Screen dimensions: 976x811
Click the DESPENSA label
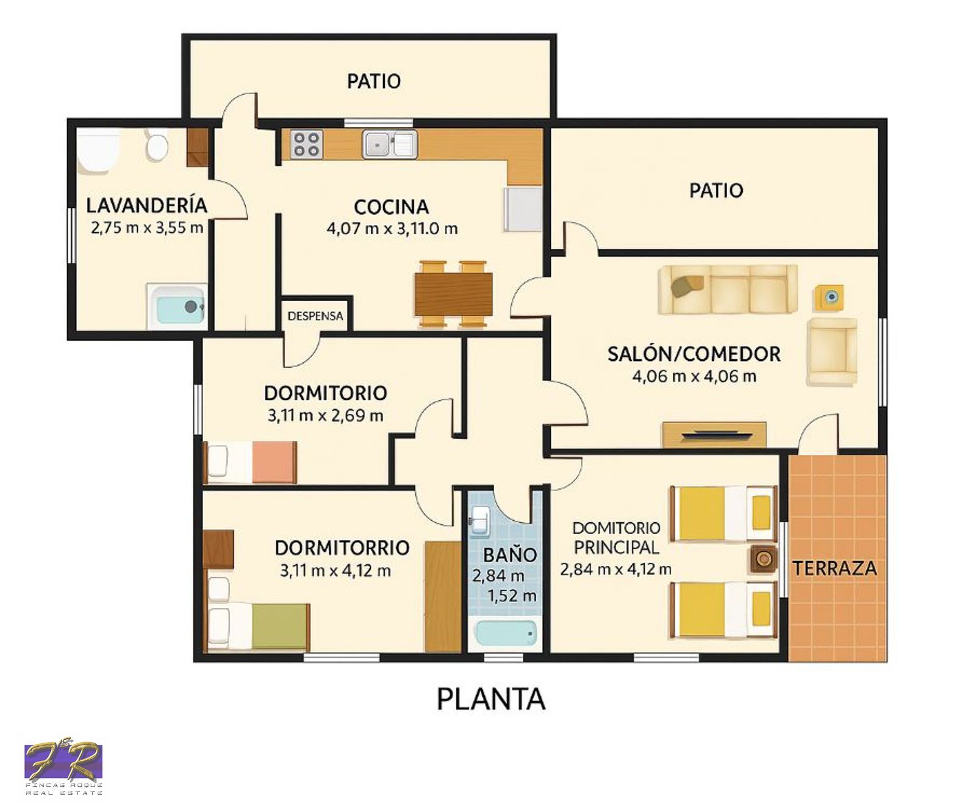click(315, 316)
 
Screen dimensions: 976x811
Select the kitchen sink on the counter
click(390, 145)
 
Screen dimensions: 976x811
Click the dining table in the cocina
click(454, 294)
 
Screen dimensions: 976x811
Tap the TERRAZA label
click(834, 568)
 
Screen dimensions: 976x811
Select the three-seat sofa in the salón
click(728, 289)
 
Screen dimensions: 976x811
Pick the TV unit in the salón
click(714, 434)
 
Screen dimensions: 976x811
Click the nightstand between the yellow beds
click(763, 558)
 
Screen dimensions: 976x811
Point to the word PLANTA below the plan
click(491, 699)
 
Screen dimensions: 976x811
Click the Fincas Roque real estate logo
click(63, 768)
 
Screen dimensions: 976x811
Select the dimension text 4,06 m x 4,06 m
click(694, 376)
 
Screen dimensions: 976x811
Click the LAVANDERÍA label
click(146, 205)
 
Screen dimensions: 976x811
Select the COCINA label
click(391, 207)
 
